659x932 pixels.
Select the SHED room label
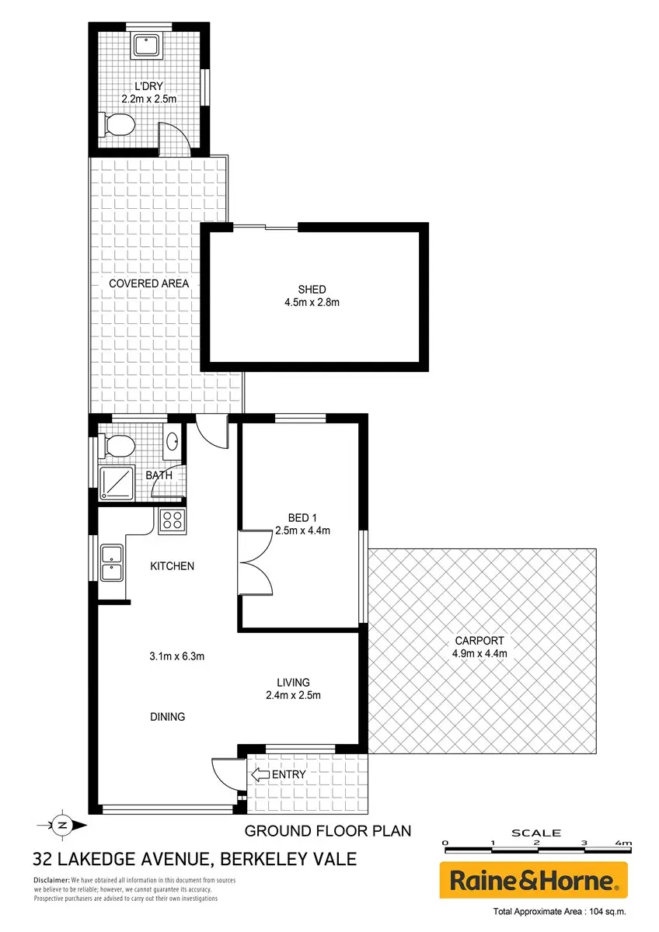point(312,290)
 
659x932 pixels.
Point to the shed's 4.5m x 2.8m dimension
point(312,302)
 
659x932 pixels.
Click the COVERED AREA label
point(148,283)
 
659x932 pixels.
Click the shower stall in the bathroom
point(117,483)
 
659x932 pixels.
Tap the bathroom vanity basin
point(173,441)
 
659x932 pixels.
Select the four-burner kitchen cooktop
point(173,520)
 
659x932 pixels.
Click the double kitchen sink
point(111,563)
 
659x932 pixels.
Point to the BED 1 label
point(302,518)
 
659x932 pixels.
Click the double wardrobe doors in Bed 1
point(255,563)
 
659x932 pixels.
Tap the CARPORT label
point(479,641)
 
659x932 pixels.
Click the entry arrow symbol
point(260,774)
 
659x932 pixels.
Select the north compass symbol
point(62,826)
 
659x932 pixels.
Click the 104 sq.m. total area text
point(608,912)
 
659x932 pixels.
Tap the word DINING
point(167,717)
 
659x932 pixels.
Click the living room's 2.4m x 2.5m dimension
point(293,695)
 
